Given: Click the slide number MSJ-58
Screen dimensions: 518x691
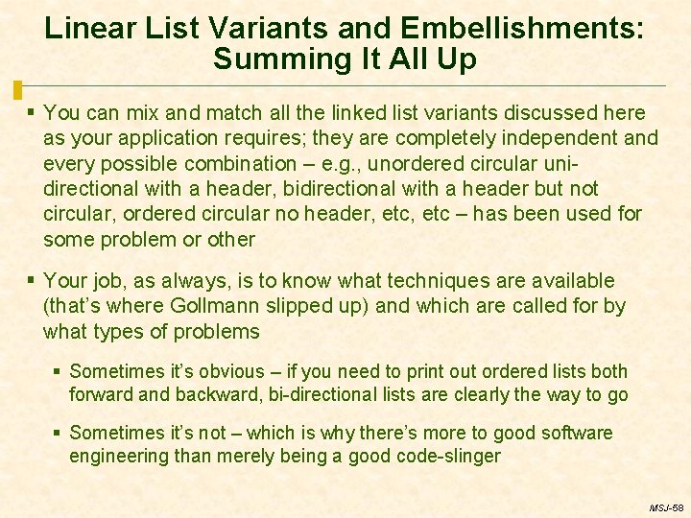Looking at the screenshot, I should pos(666,507).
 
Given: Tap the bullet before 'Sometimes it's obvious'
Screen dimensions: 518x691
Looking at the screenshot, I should pos(58,371).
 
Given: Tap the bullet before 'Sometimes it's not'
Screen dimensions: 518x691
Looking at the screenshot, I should pos(58,433).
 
